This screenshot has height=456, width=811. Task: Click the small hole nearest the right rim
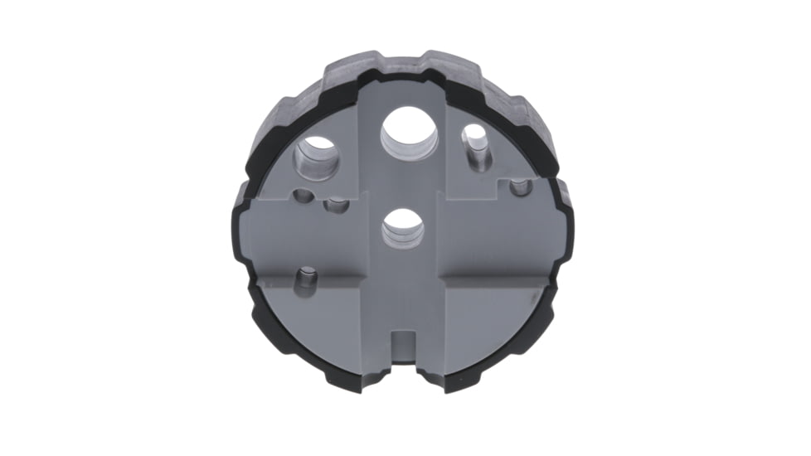(521, 187)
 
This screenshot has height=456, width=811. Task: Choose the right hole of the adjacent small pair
(336, 205)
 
